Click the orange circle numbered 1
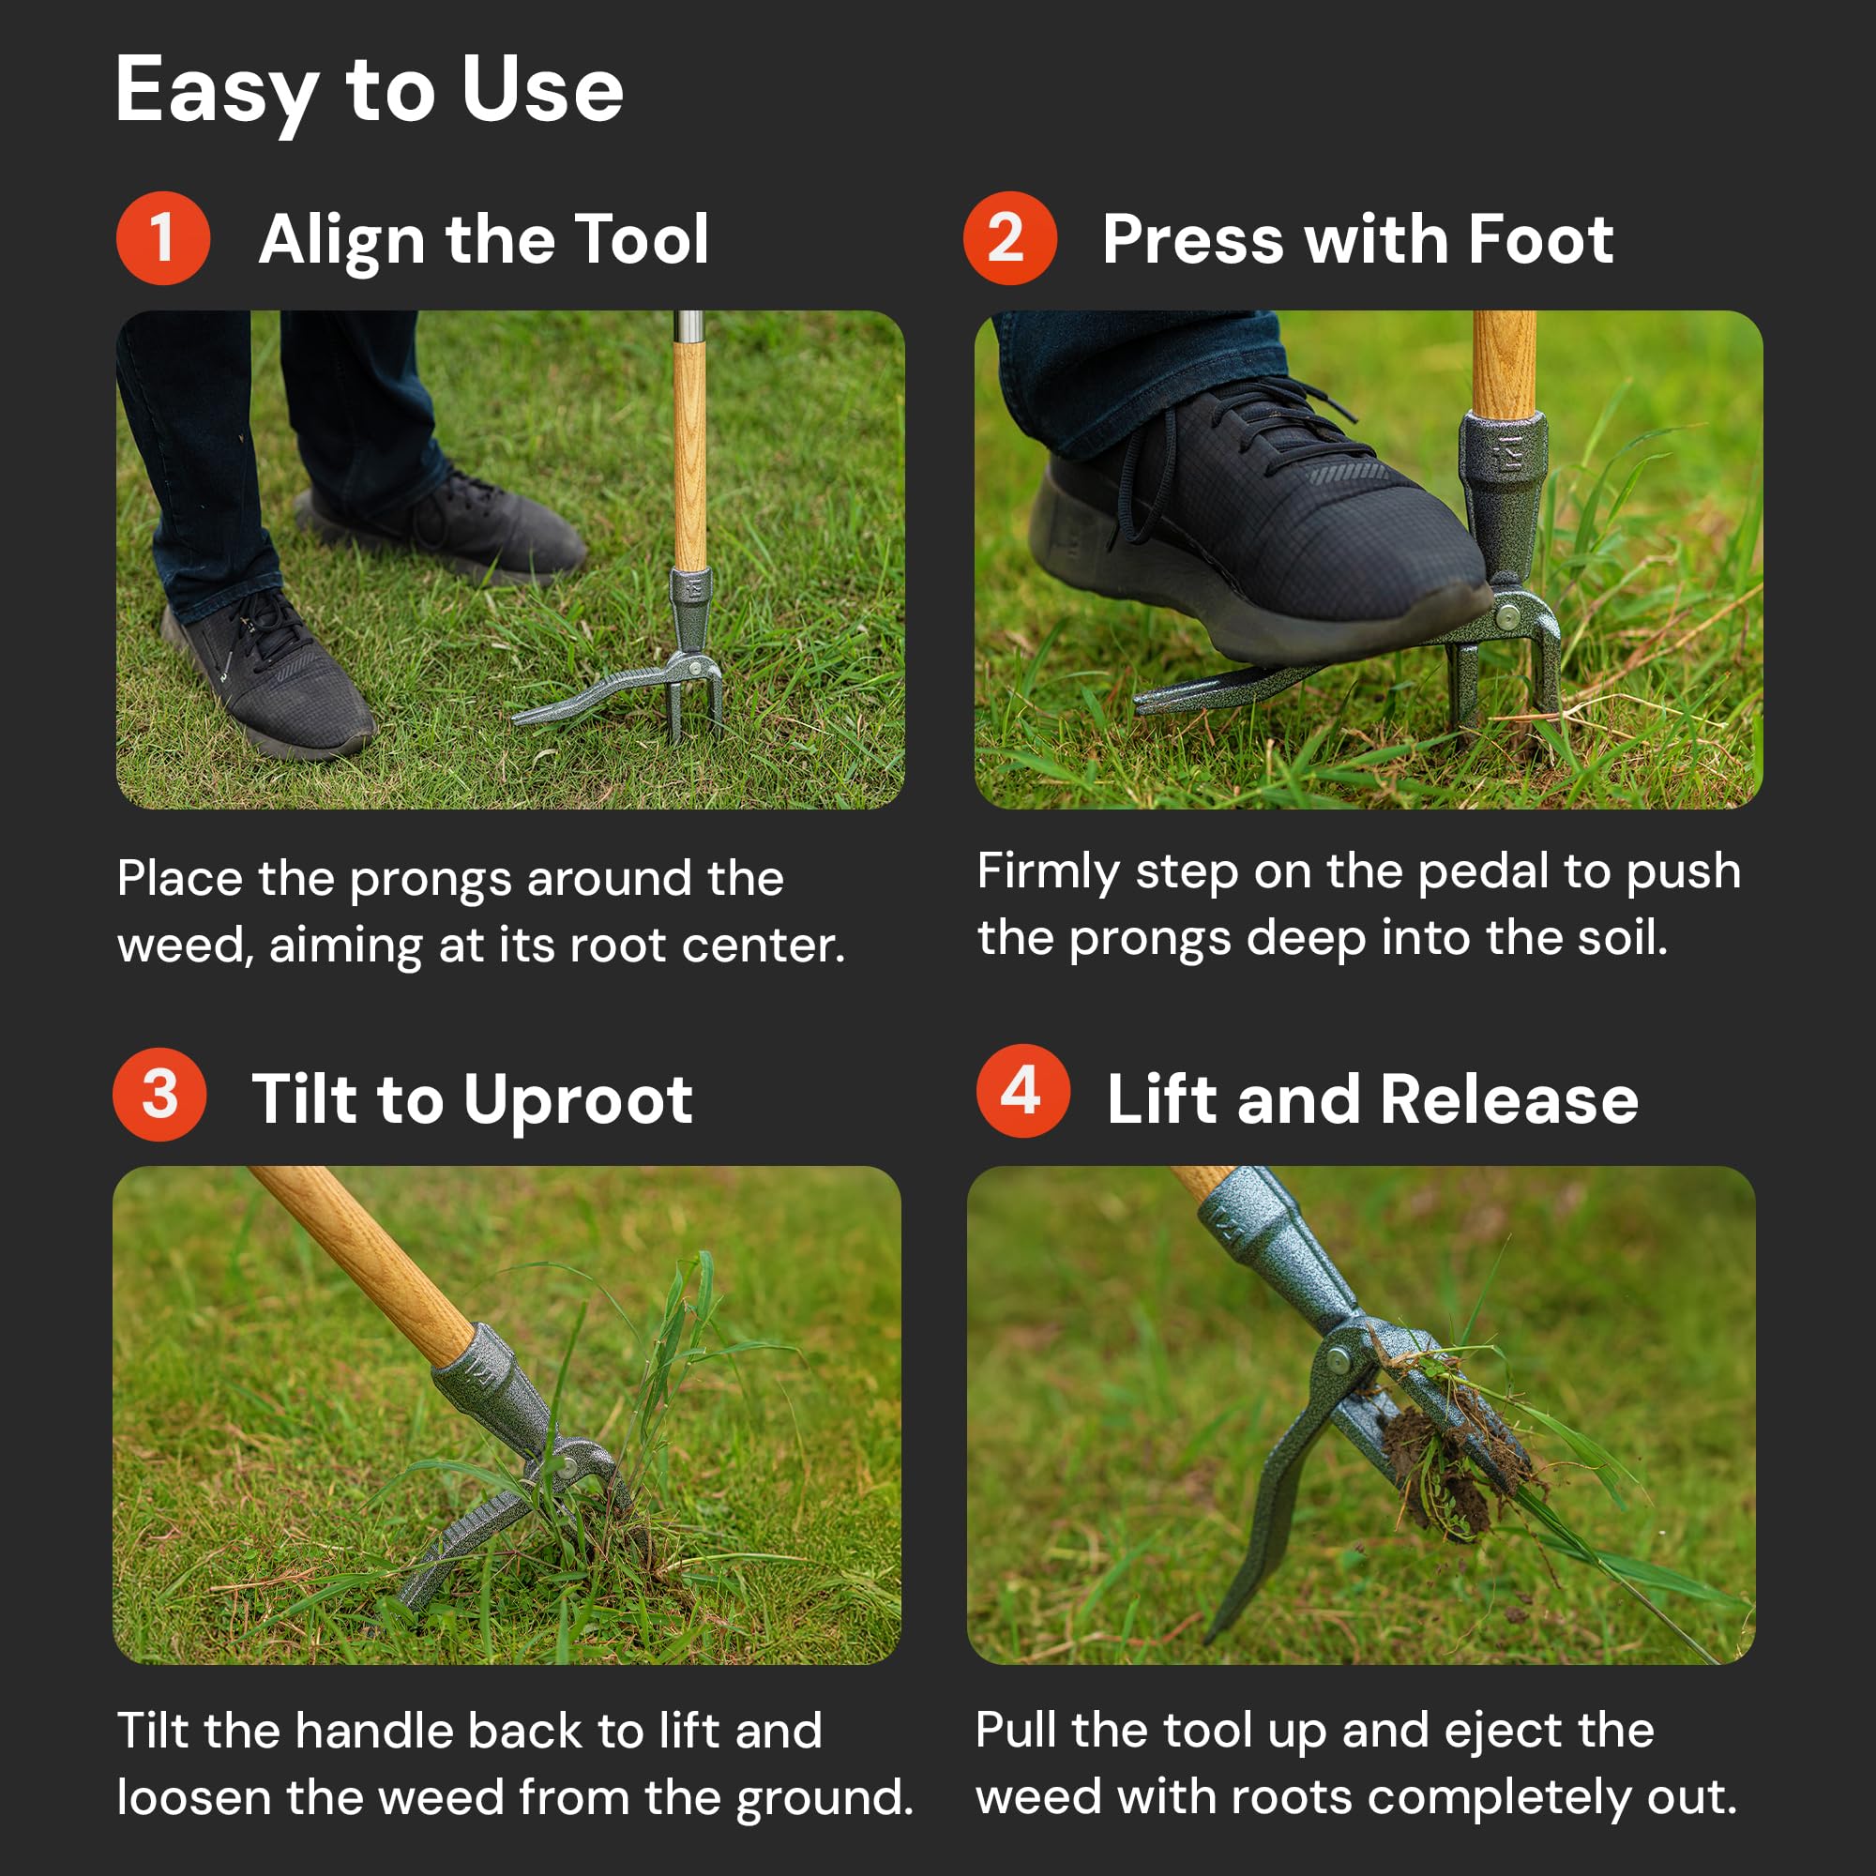tap(163, 238)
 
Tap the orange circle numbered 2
tap(1010, 238)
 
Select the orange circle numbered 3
tap(159, 1095)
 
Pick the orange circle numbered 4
tap(1023, 1091)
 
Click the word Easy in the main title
tap(217, 91)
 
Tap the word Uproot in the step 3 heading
tap(578, 1102)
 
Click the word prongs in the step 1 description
tap(431, 881)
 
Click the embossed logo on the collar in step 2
tap(1508, 453)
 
